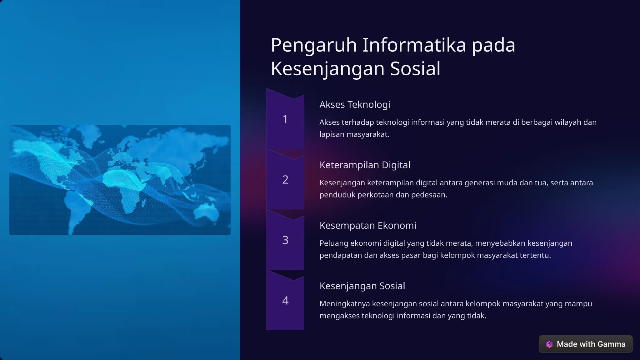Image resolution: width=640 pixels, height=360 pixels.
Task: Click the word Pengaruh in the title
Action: pos(314,45)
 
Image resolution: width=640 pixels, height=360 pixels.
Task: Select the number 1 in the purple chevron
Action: pos(285,119)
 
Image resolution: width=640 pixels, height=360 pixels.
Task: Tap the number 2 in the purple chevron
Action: pos(285,180)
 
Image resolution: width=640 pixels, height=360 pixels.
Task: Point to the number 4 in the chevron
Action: pos(285,301)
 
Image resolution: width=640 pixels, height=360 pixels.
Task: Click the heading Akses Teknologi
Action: pos(355,104)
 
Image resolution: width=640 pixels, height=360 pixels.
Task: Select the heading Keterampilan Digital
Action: pos(365,165)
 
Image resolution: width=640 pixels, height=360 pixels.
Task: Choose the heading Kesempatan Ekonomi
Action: pos(368,225)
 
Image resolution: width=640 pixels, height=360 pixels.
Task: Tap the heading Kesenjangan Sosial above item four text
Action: pos(362,286)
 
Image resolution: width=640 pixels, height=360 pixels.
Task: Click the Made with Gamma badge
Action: pos(586,344)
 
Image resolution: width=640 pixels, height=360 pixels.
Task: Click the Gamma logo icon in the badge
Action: pos(549,344)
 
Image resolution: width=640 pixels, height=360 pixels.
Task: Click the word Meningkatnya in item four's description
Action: pos(344,304)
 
